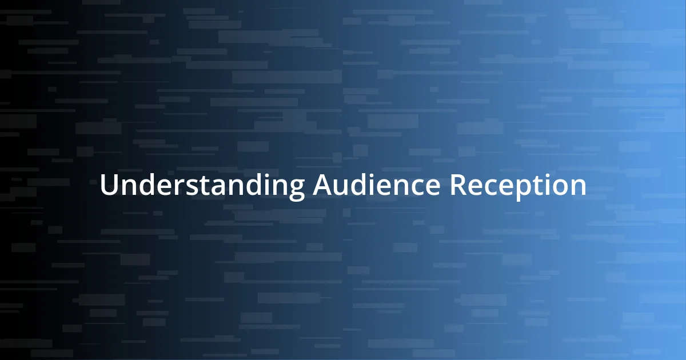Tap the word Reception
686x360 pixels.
coord(518,186)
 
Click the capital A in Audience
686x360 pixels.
coord(323,186)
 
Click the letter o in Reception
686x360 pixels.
coord(556,188)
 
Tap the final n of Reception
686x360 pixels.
coord(577,188)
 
